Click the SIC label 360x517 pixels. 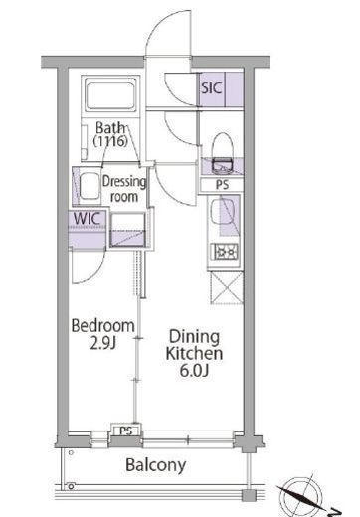tap(211, 87)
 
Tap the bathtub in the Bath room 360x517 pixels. tap(110, 94)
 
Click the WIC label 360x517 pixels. tap(87, 219)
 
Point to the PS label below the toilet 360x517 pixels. tap(222, 185)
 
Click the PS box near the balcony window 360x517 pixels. tap(125, 431)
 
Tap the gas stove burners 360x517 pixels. tap(226, 253)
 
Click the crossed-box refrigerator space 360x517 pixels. tap(227, 287)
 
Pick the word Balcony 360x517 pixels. tap(156, 465)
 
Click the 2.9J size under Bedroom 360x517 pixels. tap(103, 343)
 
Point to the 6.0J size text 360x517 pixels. tap(194, 371)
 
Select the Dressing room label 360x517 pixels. tap(124, 189)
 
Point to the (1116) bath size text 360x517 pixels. tap(110, 141)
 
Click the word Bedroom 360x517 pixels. tap(103, 326)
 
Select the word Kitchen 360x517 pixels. tap(194, 354)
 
